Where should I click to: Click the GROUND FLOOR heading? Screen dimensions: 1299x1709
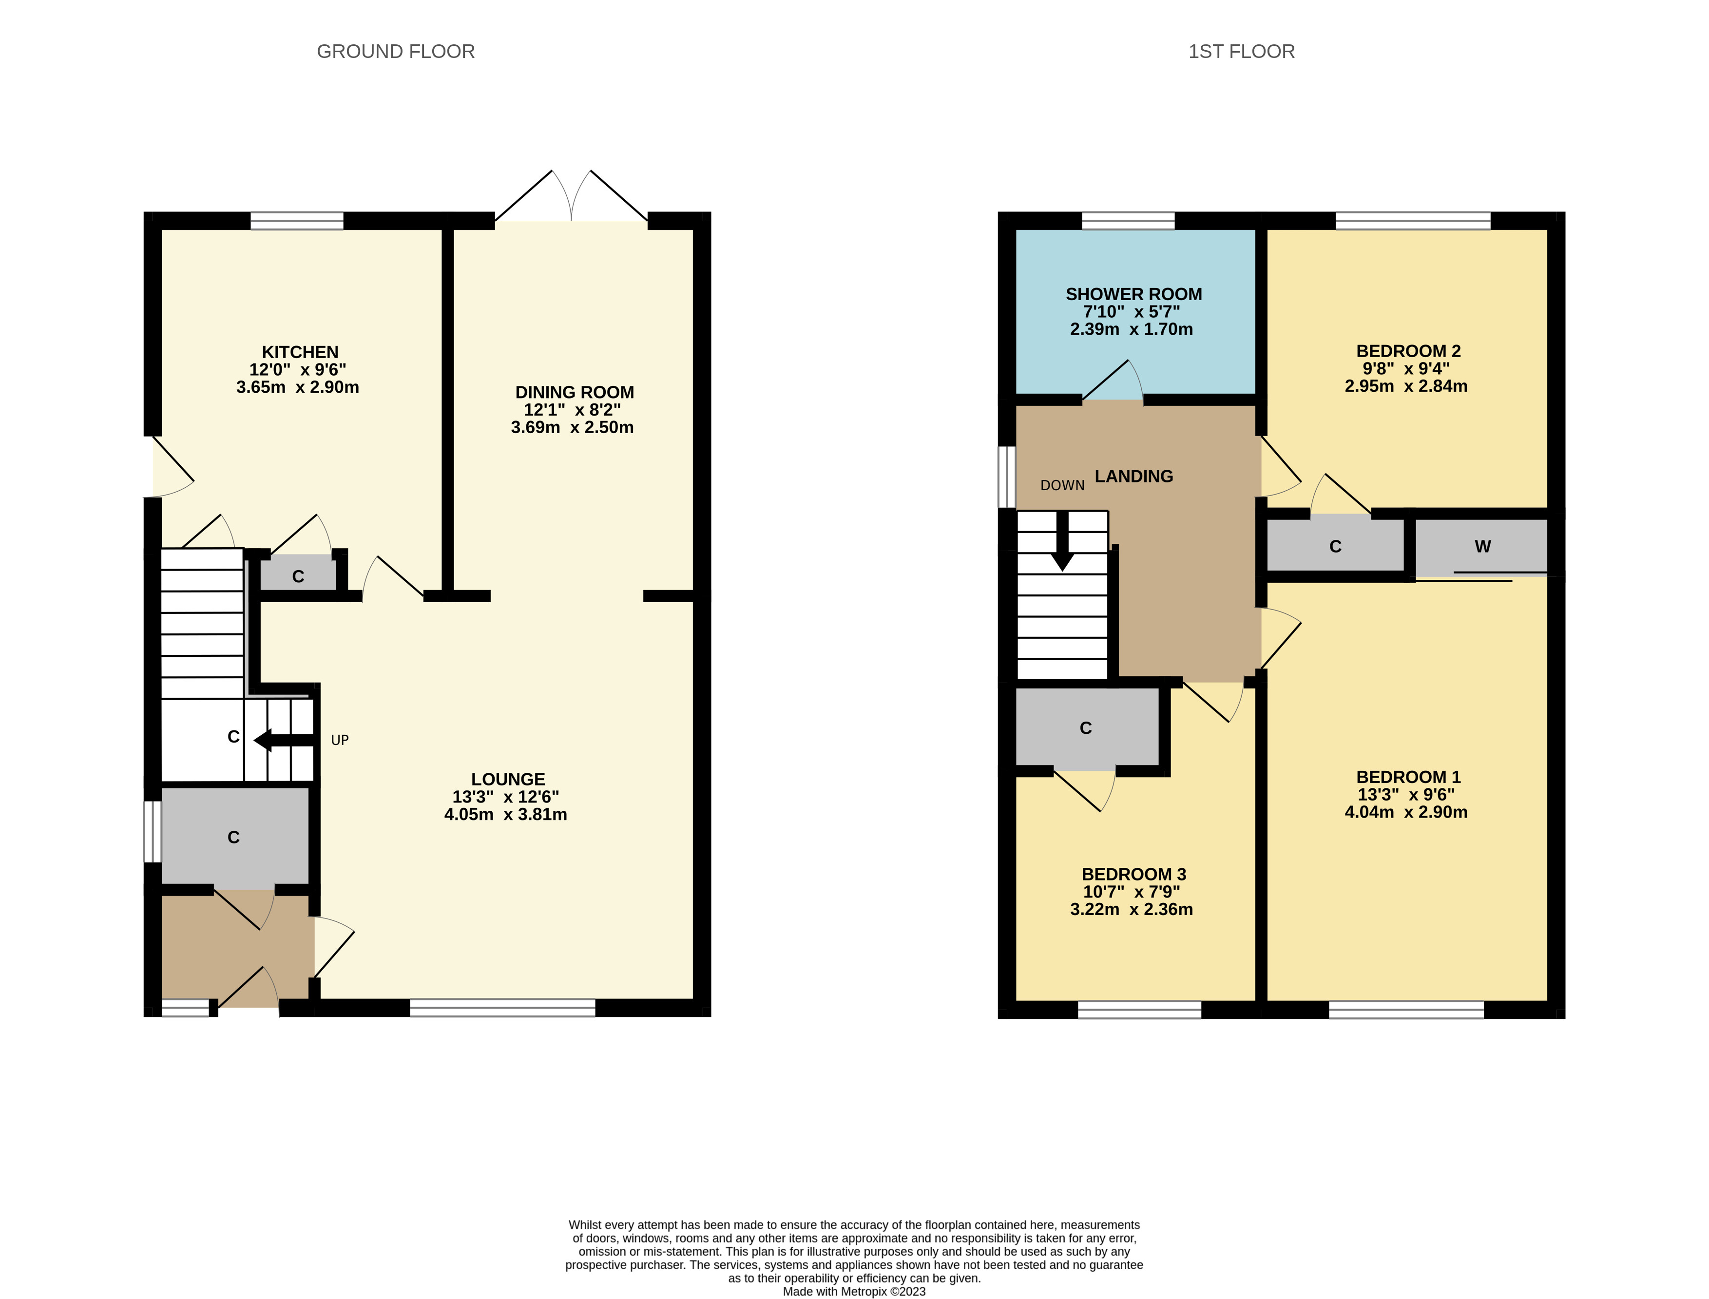(395, 51)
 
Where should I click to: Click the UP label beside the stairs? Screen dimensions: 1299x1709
(340, 740)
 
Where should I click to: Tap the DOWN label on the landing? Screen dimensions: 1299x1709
(1062, 485)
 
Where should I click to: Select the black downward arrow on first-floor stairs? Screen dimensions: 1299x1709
(1062, 541)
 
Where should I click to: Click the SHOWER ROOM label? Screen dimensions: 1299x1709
(1133, 294)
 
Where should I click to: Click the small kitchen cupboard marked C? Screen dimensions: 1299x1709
(298, 576)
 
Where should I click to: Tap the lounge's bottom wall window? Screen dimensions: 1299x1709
(502, 1008)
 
